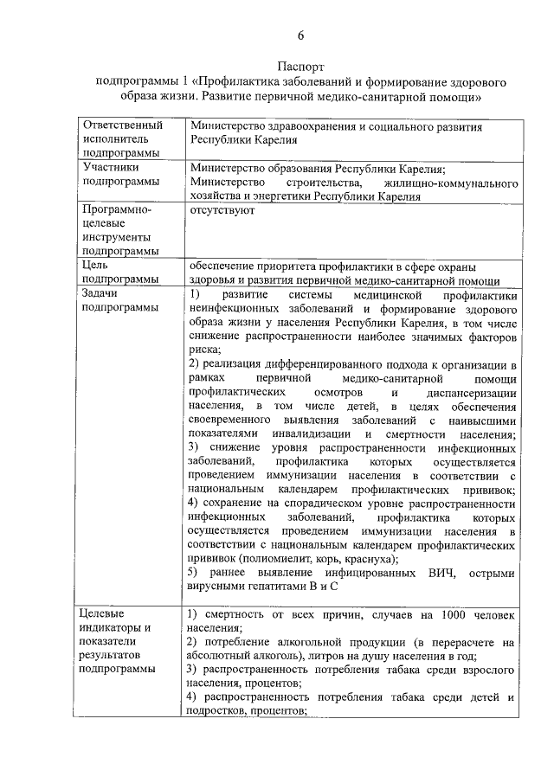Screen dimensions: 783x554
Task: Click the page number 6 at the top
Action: (301, 35)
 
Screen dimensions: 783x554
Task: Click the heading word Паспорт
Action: (300, 67)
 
